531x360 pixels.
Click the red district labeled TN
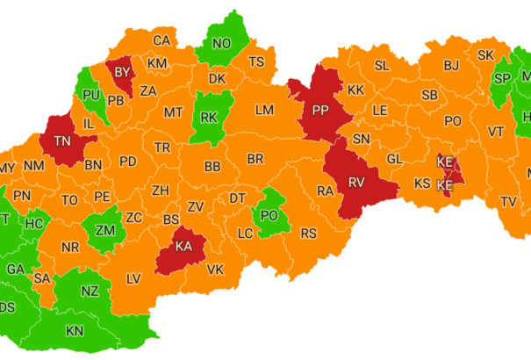coord(63,140)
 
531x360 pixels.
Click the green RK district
coord(209,117)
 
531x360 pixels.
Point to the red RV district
coord(355,183)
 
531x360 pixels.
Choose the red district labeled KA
coord(183,247)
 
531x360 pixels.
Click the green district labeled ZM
coord(105,231)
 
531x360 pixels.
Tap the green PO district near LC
coord(269,215)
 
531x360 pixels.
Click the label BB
coord(212,166)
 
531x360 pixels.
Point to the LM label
coord(264,110)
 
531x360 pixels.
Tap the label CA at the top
coord(161,40)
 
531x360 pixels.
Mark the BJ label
coord(451,65)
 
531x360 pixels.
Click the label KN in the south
coord(75,331)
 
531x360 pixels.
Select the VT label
coord(496,131)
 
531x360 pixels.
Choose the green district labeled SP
coord(502,80)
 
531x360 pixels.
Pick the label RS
coord(308,234)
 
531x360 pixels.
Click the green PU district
coord(90,94)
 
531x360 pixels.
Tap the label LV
coord(133,278)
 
